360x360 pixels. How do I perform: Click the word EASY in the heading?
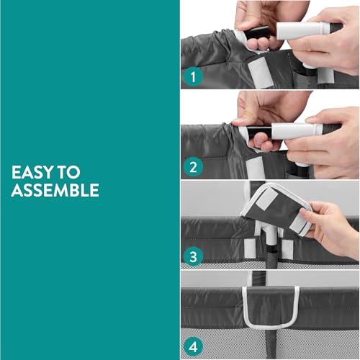(32, 172)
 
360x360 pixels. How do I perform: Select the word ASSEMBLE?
(55, 190)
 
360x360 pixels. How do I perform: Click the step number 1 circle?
(194, 77)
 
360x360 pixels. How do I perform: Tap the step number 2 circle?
(194, 167)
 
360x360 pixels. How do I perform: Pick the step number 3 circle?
(194, 256)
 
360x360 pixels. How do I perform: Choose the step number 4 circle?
(194, 347)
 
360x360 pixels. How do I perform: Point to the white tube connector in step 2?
(297, 131)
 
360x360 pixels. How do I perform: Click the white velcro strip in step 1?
(261, 73)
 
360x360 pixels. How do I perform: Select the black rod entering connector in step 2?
(260, 132)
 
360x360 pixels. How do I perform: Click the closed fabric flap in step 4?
(271, 306)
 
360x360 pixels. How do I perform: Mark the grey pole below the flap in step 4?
(271, 343)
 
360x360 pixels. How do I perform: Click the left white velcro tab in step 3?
(250, 248)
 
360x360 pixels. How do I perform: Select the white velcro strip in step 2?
(254, 168)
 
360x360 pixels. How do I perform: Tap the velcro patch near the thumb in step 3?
(298, 223)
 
